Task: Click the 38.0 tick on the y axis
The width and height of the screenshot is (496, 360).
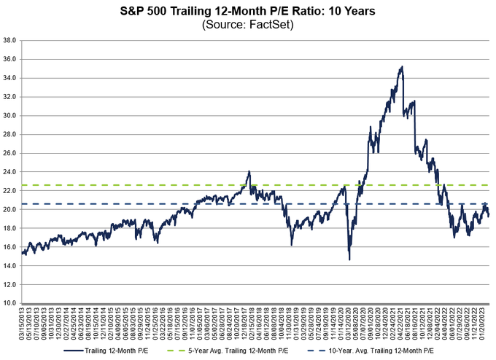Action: coord(10,40)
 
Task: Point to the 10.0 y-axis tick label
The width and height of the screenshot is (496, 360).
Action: coord(10,302)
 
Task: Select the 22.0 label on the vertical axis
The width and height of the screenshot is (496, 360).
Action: coord(10,190)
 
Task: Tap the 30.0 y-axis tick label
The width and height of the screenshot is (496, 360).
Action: coord(10,115)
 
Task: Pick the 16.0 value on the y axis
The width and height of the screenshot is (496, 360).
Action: coord(10,246)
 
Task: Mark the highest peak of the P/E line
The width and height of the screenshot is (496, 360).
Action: coord(402,67)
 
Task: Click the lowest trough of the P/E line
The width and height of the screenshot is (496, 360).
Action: coord(349,259)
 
